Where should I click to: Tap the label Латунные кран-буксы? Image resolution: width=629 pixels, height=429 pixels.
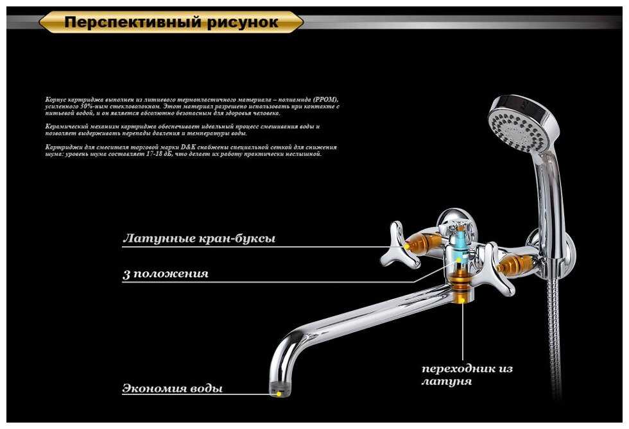pos(199,239)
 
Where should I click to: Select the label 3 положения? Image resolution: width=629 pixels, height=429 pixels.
pos(166,274)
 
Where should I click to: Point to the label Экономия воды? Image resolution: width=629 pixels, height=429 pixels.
pos(173,389)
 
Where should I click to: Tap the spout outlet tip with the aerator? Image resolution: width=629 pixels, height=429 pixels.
pos(277,389)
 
